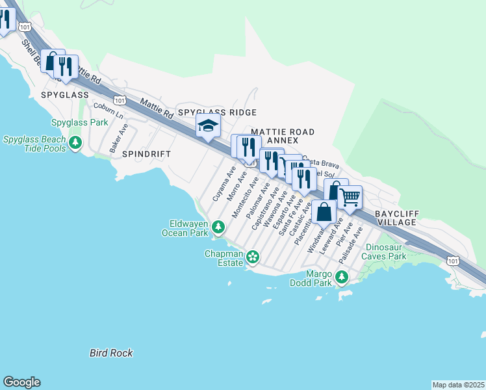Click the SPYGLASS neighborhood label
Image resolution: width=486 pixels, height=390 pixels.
tap(64, 95)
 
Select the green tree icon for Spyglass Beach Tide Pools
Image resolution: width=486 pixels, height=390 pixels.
tap(76, 142)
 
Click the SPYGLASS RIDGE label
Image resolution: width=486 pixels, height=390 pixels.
tap(218, 112)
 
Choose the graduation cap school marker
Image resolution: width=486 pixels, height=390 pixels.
tap(208, 126)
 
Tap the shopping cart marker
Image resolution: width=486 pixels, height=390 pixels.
tap(350, 196)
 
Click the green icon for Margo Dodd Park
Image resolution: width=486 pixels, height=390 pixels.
tap(342, 278)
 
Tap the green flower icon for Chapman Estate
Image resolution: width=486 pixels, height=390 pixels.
tap(252, 259)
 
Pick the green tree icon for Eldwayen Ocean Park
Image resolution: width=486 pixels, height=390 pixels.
tap(218, 227)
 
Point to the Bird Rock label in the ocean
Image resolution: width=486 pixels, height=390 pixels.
tap(111, 353)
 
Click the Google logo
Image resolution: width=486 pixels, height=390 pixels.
tap(21, 382)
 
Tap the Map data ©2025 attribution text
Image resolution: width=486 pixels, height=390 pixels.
tap(458, 385)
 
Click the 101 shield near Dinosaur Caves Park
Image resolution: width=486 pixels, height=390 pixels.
tap(453, 260)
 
